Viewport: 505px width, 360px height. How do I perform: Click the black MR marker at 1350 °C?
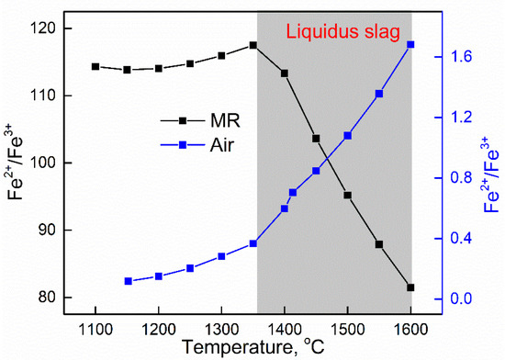(x=252, y=45)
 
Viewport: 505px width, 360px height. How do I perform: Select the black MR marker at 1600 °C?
(x=410, y=287)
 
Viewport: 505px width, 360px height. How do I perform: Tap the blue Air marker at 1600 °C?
(x=410, y=44)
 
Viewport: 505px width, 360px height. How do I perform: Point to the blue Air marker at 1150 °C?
(x=128, y=281)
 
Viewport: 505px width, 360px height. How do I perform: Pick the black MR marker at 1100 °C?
(x=95, y=66)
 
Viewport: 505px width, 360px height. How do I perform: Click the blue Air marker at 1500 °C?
(x=347, y=135)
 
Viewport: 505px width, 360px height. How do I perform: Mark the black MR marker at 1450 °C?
(x=316, y=139)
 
